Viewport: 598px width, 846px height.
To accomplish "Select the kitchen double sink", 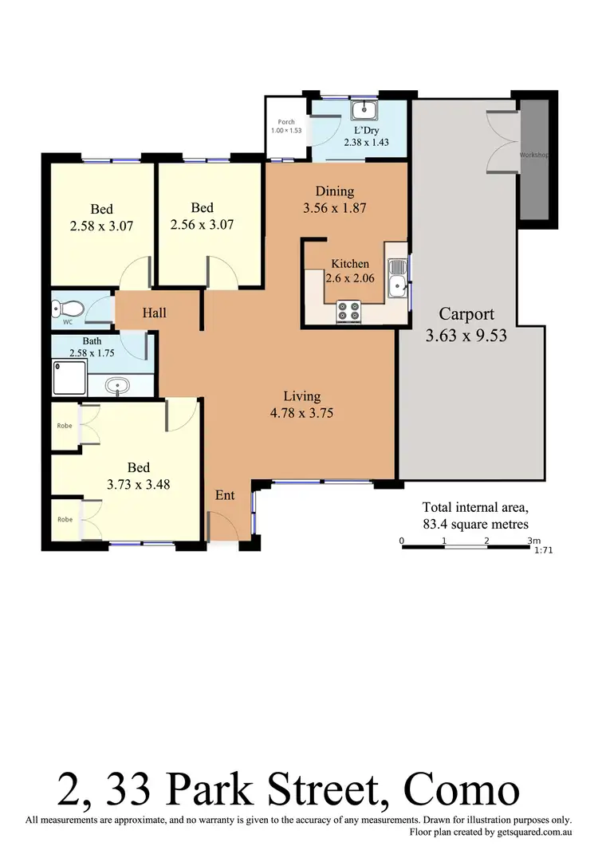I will coord(396,277).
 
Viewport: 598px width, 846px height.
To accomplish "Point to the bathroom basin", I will coord(119,387).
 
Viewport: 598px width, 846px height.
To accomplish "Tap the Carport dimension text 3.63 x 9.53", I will coord(466,336).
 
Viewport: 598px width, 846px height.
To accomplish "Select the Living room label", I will coord(302,396).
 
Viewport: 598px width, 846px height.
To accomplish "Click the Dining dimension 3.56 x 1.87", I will coord(334,209).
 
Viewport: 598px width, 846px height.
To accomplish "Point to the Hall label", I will coord(155,313).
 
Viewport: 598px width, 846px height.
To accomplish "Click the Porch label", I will coord(285,122).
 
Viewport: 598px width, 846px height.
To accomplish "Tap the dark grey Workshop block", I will coord(533,159).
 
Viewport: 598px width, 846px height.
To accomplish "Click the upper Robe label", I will coord(64,426).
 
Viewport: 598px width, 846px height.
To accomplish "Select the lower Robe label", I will coord(64,519).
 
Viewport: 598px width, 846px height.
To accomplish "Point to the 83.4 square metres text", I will coord(475,524).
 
